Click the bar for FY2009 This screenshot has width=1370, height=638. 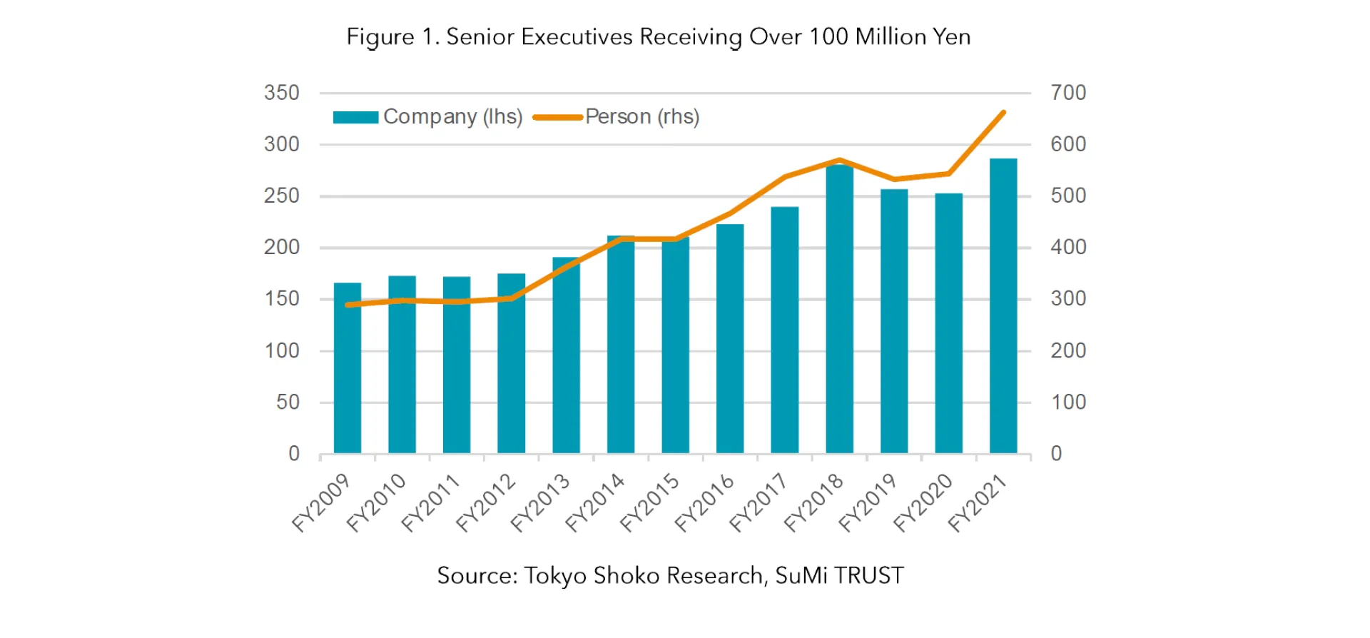(347, 368)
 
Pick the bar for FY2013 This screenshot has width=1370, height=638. (566, 355)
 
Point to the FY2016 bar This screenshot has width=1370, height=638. (730, 338)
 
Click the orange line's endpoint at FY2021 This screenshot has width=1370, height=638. (1004, 113)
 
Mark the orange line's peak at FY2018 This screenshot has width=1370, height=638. (840, 160)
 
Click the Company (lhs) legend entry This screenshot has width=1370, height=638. (428, 117)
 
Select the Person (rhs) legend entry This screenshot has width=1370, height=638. (617, 117)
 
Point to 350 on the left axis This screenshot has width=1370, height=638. (282, 93)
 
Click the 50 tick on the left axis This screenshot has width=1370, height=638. (288, 402)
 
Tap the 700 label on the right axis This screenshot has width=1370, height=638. (1068, 93)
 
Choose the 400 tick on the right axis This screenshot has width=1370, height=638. (1068, 248)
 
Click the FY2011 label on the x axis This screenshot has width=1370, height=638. (430, 503)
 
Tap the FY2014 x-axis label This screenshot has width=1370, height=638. (594, 503)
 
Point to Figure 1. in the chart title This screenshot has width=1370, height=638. (392, 36)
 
